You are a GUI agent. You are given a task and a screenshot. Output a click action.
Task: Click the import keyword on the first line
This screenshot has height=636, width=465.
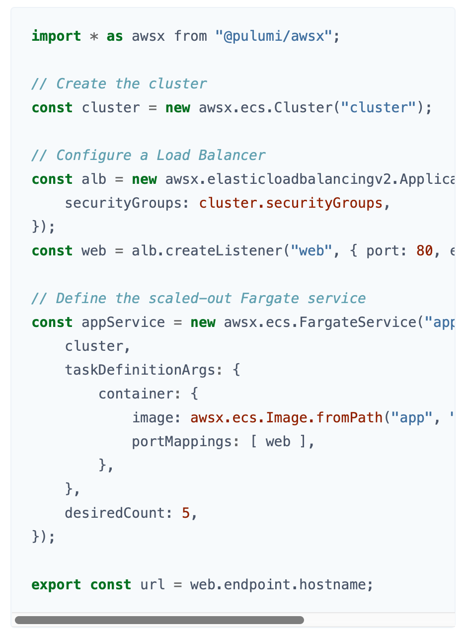click(56, 36)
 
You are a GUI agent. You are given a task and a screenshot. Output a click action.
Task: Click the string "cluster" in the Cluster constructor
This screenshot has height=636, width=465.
click(378, 108)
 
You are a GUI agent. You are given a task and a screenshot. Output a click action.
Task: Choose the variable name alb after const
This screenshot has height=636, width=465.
click(94, 179)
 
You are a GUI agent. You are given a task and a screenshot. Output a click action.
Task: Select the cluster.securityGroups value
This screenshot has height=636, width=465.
click(291, 203)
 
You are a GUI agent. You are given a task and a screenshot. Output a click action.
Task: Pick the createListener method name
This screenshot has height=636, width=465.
click(224, 251)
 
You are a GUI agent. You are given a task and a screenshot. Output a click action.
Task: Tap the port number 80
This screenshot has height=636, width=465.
click(424, 251)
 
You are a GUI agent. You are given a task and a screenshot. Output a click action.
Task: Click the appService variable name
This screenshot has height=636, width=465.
click(123, 322)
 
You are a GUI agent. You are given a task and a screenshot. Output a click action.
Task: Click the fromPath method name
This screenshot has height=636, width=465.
click(349, 418)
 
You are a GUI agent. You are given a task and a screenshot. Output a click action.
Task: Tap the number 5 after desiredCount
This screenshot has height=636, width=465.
click(186, 513)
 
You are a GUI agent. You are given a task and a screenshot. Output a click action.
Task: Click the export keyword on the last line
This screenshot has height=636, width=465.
click(56, 585)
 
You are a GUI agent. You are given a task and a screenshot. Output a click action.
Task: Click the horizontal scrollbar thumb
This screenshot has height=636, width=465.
click(159, 620)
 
